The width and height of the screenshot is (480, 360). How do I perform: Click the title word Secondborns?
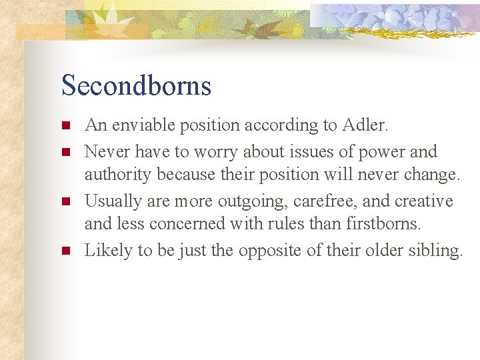136,86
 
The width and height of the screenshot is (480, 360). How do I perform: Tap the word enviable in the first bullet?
139,125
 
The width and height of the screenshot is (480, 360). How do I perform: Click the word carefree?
317,201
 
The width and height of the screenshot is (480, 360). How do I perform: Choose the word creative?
424,201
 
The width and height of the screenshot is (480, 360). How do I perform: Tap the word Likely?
105,251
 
